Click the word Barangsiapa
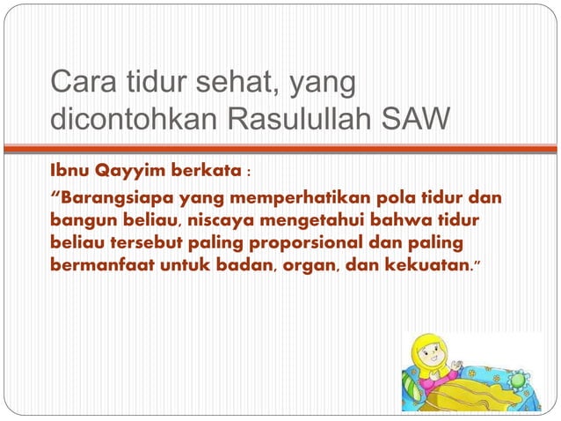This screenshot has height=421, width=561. pyautogui.click(x=114, y=197)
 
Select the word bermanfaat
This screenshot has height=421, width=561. pyautogui.click(x=101, y=263)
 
